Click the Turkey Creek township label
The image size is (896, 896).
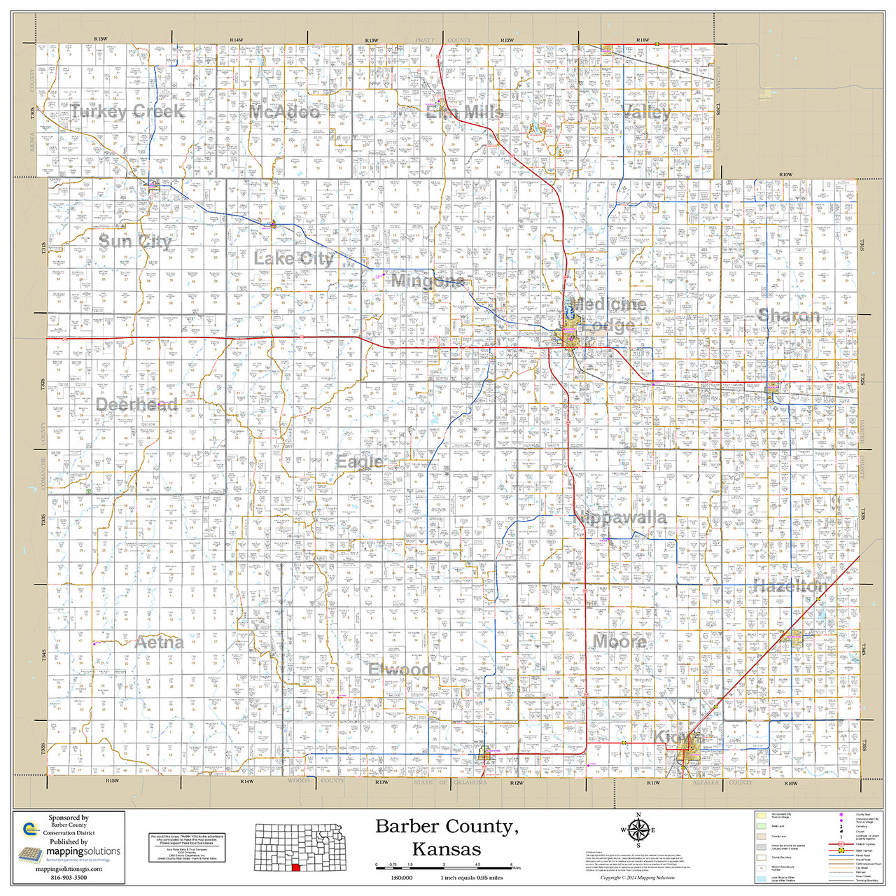127,112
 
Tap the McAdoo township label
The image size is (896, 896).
285,112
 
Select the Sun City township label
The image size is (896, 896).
135,241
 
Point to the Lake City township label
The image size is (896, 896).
293,258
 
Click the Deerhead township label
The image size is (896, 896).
136,405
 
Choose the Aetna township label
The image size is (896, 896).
160,643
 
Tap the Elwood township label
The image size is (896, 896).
400,670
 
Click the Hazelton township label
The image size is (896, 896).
790,586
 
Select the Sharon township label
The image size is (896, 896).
789,316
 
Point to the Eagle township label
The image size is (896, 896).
360,462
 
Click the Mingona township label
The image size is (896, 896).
427,281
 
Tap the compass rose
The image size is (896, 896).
638,831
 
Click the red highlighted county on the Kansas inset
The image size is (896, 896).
295,867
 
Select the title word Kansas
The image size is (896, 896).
446,850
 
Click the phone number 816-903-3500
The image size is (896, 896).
69,877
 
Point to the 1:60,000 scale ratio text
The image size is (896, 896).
401,878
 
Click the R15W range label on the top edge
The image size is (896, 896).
100,39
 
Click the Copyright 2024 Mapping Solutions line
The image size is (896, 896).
637,878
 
